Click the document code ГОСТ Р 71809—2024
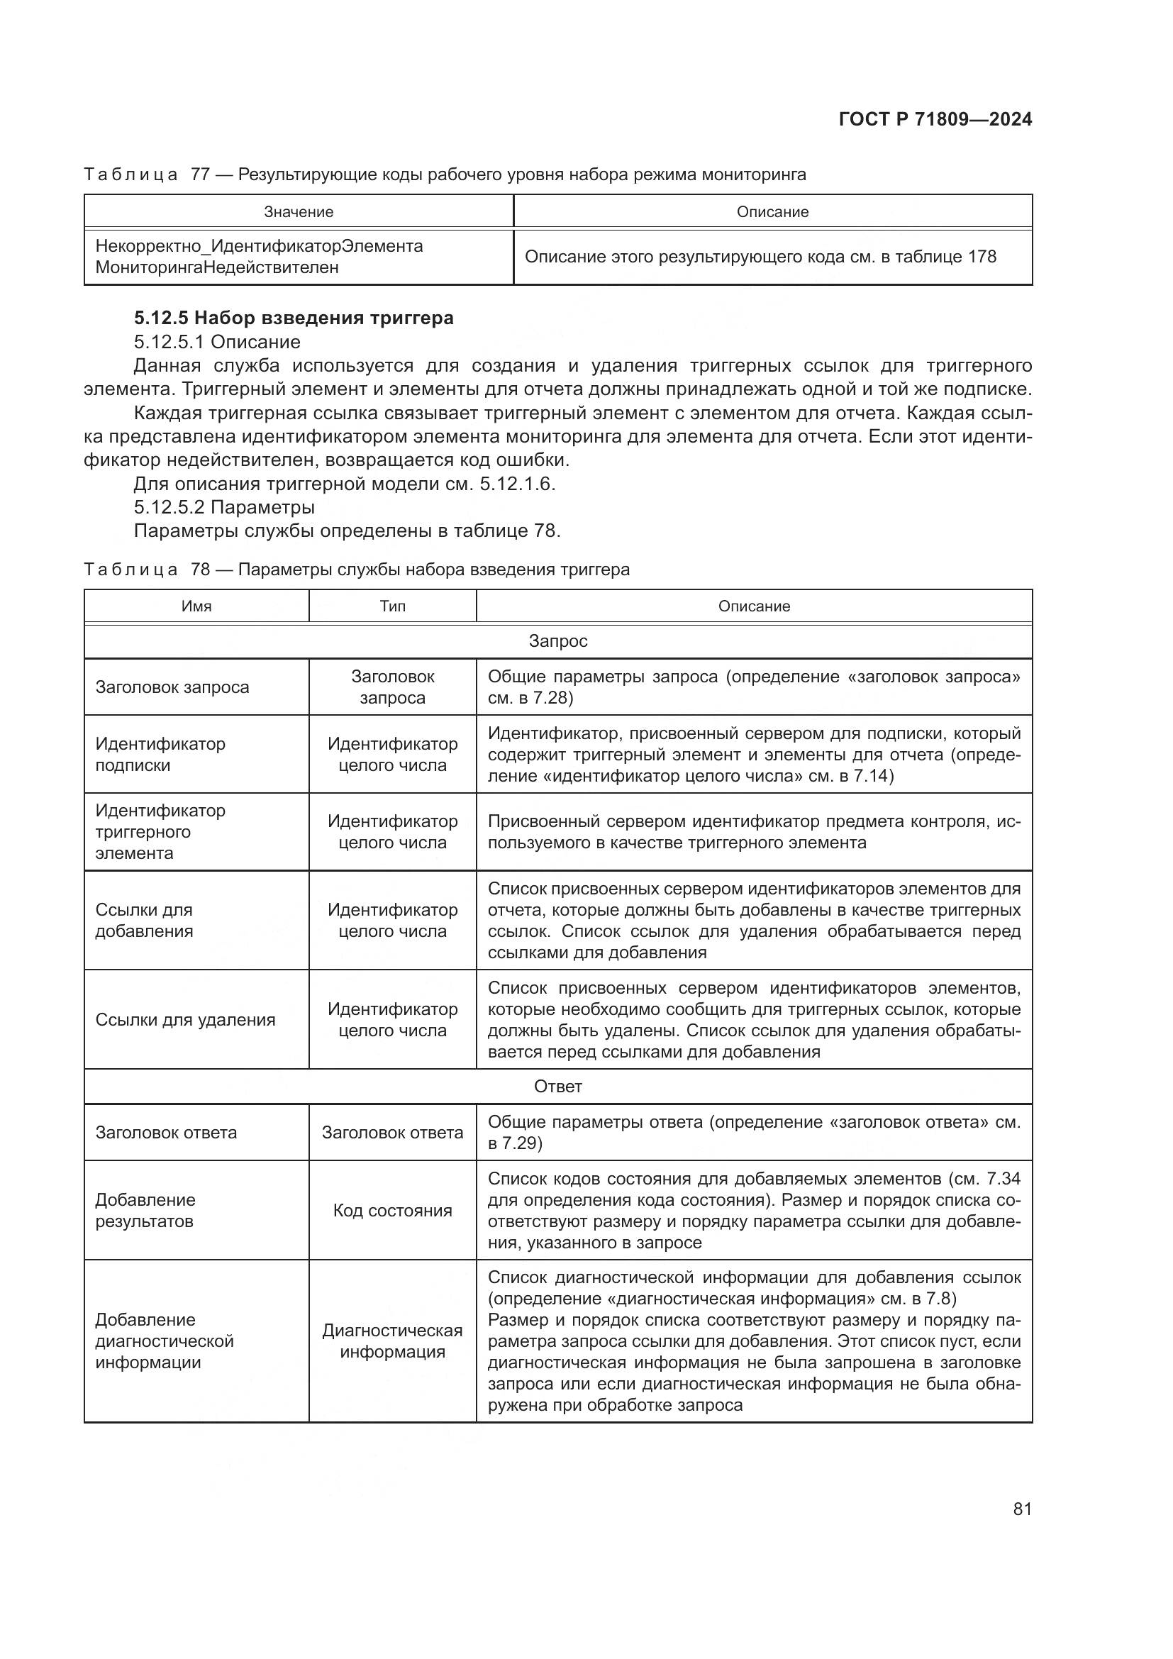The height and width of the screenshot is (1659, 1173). point(935,120)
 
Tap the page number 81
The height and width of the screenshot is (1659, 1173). point(1022,1509)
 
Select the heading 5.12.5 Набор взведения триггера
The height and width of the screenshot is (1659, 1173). point(294,318)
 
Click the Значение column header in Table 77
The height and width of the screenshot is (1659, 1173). point(299,211)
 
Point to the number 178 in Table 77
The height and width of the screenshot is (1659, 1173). point(981,257)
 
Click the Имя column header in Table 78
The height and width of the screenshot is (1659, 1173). point(196,606)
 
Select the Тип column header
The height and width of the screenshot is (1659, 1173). point(392,606)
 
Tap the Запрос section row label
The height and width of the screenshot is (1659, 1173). point(557,641)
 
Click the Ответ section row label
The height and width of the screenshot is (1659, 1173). point(557,1086)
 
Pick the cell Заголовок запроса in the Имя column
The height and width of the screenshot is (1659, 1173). point(172,687)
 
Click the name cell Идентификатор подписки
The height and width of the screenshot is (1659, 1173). point(160,755)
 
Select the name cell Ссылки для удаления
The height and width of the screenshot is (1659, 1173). point(185,1019)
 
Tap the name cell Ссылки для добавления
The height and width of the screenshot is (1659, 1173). point(145,921)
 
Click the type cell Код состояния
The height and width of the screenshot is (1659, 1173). point(392,1210)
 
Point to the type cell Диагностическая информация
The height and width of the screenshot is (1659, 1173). point(392,1341)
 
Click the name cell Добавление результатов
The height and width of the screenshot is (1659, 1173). point(145,1210)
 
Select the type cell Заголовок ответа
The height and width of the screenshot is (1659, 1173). point(392,1132)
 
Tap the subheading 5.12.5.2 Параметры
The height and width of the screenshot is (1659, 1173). point(224,507)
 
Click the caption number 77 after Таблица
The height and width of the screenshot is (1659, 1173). point(199,175)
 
